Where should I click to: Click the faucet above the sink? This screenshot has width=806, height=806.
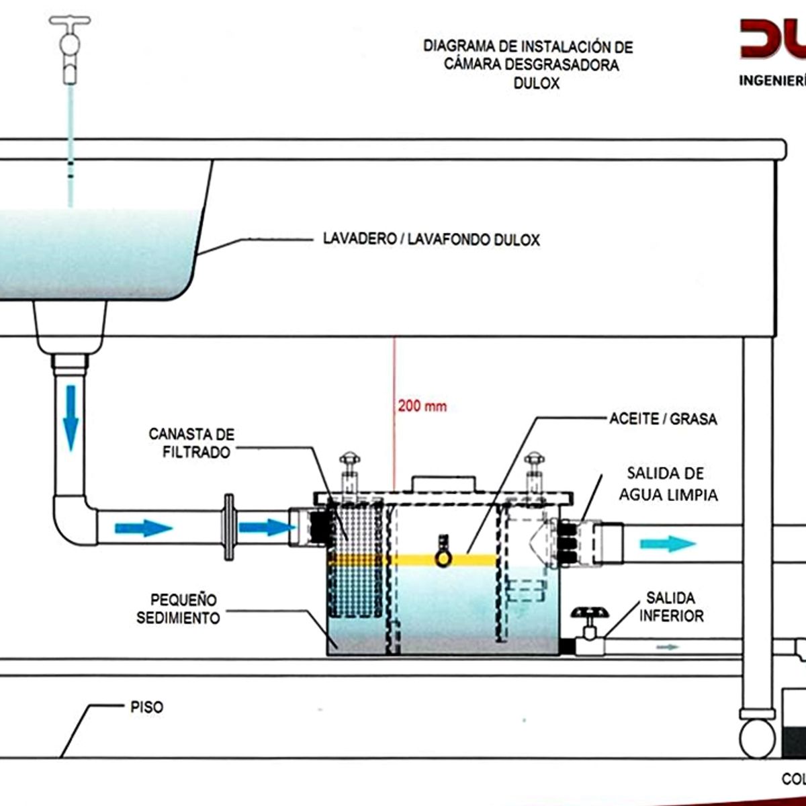70,47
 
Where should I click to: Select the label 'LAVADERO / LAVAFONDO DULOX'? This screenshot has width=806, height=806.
431,239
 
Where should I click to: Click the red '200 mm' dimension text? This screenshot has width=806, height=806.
422,406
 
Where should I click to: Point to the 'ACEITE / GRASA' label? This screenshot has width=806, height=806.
663,419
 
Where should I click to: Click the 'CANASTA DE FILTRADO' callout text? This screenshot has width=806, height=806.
192,443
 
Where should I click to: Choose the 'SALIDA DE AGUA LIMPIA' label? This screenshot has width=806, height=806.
668,484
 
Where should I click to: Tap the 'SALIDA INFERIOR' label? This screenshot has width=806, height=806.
671,607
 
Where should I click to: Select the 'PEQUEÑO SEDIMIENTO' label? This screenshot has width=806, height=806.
179,609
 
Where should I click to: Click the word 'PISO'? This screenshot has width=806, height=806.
146,707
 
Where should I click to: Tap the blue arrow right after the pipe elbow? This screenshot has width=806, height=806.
143,528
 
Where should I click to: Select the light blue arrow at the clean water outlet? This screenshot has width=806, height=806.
667,543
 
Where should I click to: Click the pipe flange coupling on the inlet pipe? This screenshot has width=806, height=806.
229,527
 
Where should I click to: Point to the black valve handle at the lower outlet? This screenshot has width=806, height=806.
589,614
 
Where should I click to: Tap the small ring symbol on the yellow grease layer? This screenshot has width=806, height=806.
443,559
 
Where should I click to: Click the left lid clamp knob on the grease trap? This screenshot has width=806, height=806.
350,461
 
